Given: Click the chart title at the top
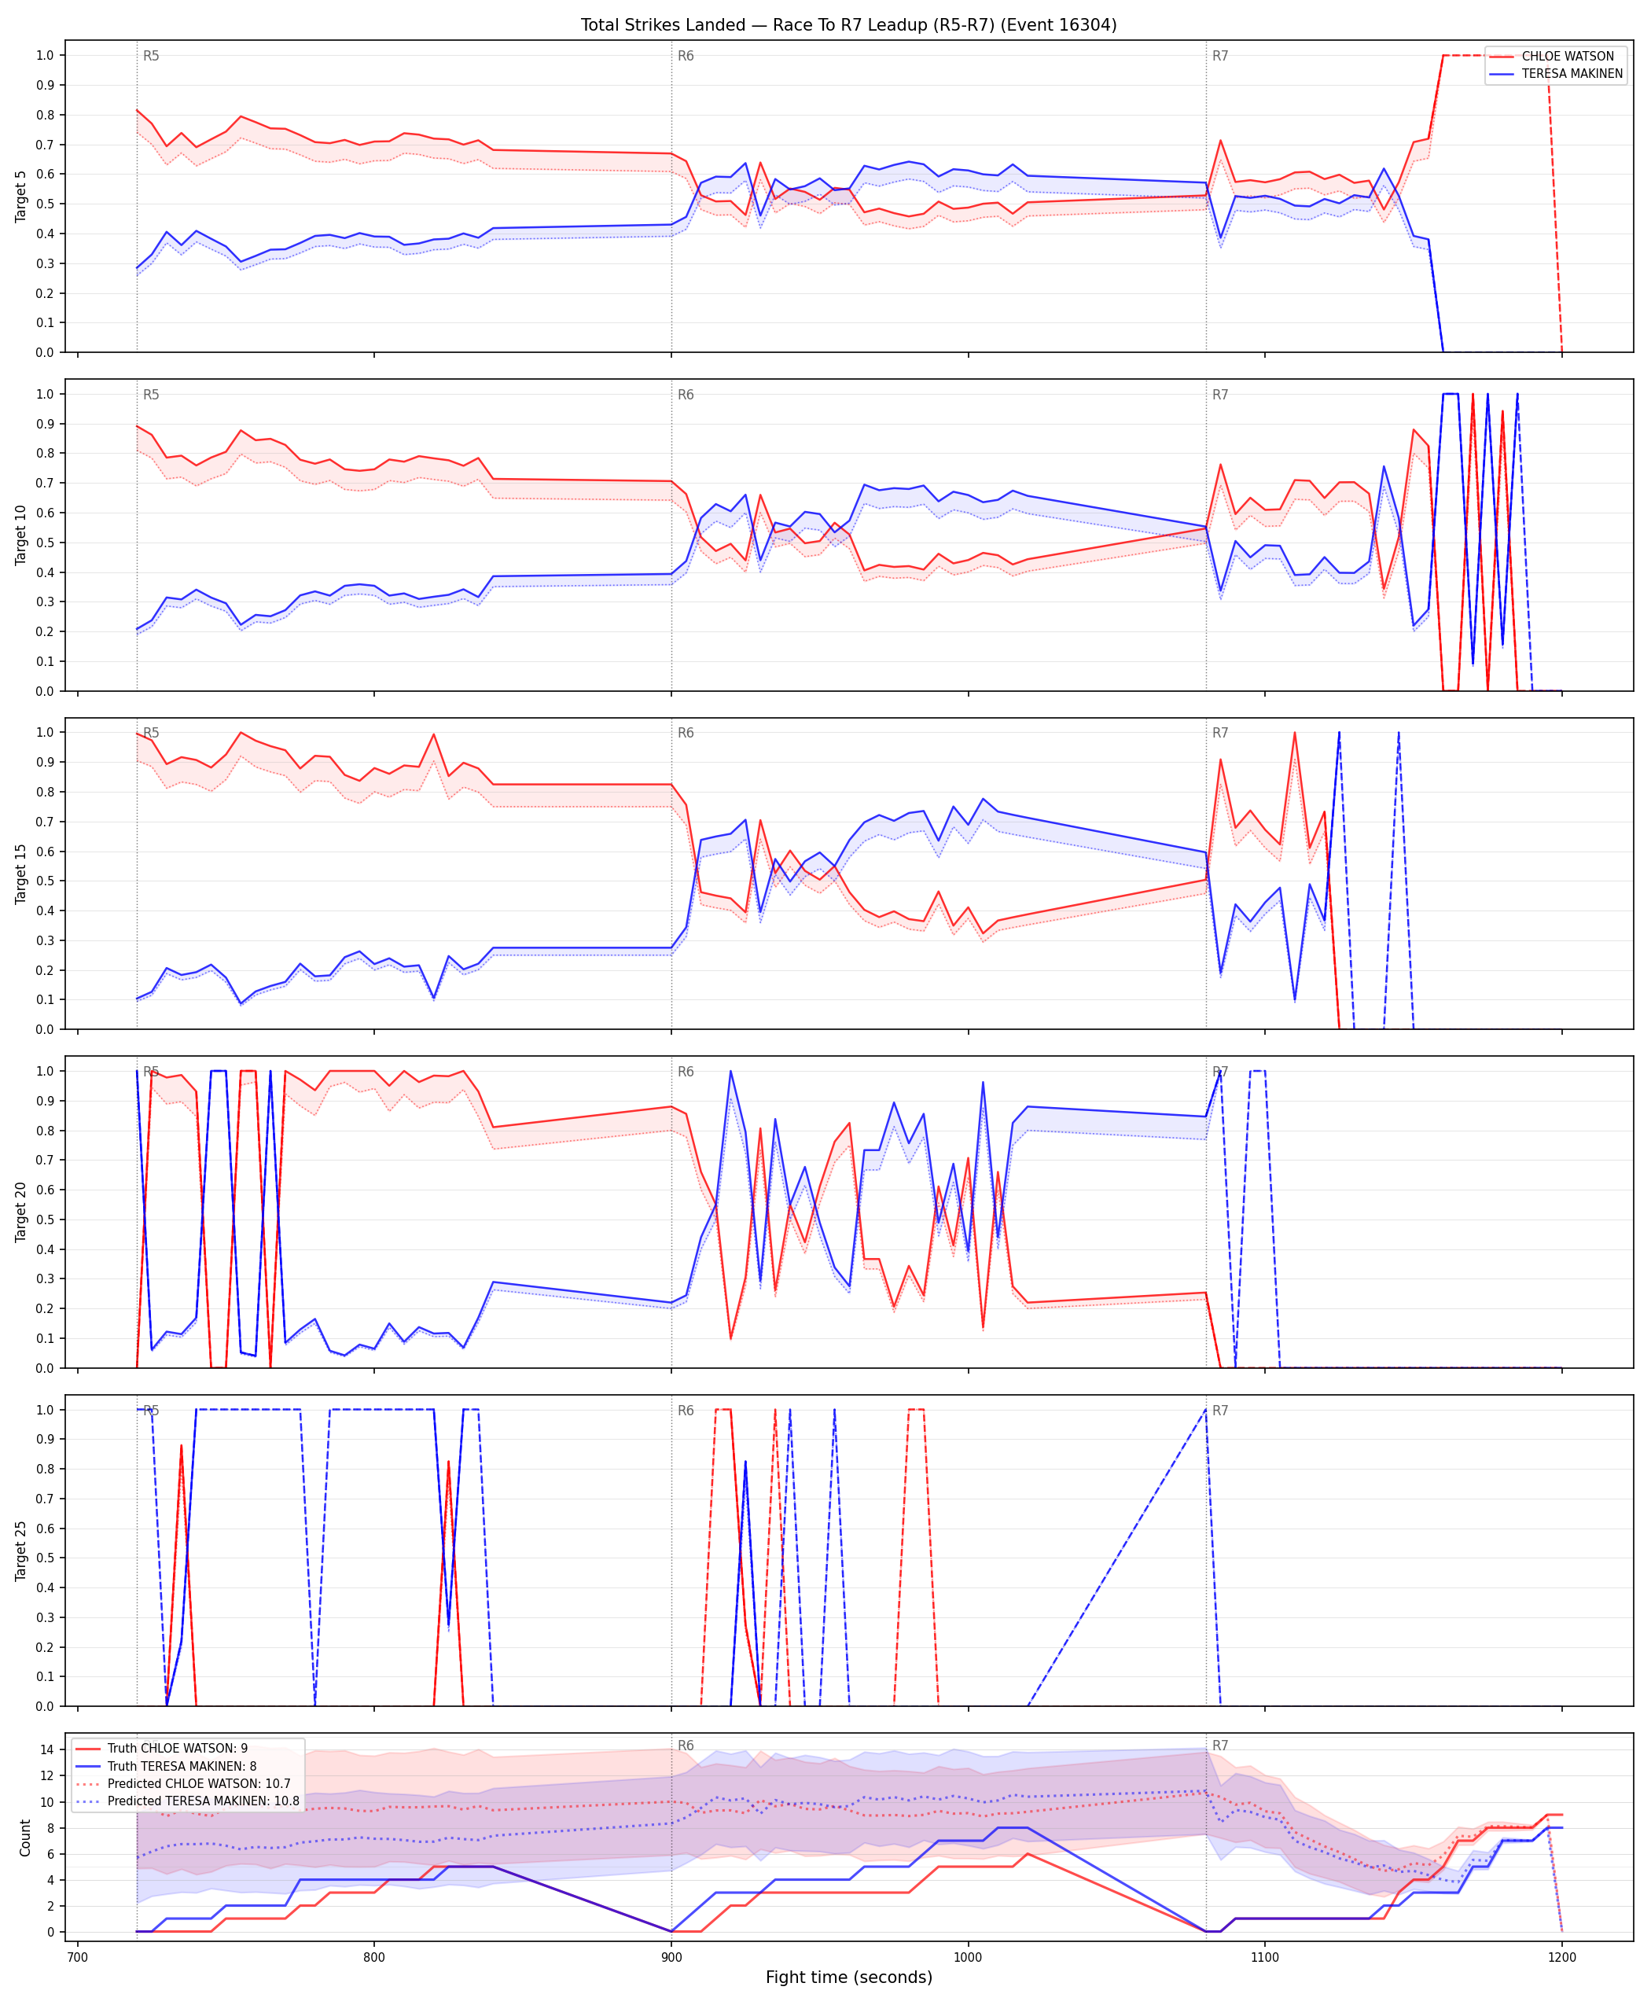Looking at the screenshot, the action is tap(848, 24).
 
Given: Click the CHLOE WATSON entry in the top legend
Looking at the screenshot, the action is tap(1568, 56).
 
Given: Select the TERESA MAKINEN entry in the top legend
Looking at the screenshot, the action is tap(1572, 73).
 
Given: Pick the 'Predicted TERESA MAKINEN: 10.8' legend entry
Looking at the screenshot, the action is tap(204, 1801).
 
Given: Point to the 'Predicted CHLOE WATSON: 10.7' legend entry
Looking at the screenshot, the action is tap(199, 1783).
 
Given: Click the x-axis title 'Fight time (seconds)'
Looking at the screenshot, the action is tap(848, 1977).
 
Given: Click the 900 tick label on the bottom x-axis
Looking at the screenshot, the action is tap(671, 1958).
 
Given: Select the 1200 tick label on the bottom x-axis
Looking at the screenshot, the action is tap(1561, 1958).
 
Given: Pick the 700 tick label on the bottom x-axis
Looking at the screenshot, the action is tap(77, 1958).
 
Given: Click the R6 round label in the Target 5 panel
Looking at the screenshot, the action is tap(686, 56).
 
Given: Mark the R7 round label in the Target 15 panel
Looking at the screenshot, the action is tap(1220, 734).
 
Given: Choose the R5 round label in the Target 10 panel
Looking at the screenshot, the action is tap(151, 395).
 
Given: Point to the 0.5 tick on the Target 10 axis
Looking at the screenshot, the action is tap(45, 543).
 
